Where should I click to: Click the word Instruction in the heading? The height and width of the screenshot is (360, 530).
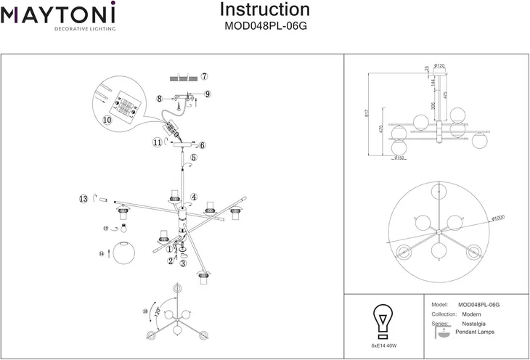coord(264,10)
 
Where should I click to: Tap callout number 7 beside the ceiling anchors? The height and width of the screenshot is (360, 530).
coord(205,76)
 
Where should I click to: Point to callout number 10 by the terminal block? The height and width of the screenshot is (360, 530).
coord(108,120)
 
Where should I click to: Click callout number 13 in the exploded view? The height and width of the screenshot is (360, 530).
coord(84,198)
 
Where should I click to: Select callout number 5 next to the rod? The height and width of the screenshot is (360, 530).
coord(194,157)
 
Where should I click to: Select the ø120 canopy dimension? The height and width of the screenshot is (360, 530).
coord(439,67)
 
